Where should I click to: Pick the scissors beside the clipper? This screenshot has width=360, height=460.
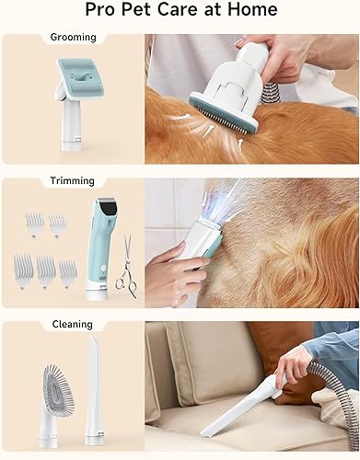tap(127, 267)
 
